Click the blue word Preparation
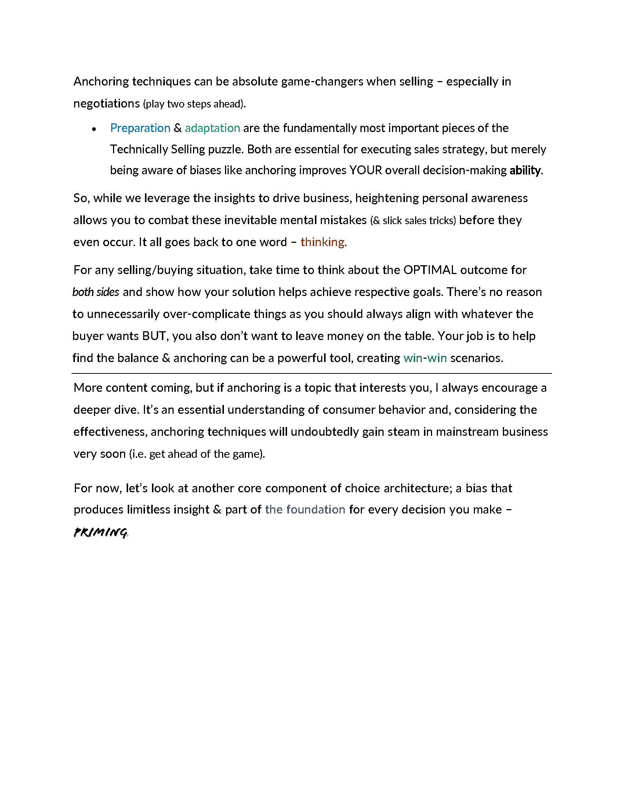click(x=140, y=128)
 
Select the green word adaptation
click(x=212, y=128)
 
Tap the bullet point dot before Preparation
click(x=94, y=129)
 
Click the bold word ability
click(x=525, y=170)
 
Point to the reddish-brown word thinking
click(x=322, y=242)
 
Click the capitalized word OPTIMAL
click(x=429, y=270)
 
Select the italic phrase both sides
click(x=96, y=292)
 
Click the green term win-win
click(x=425, y=358)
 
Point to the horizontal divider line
click(x=312, y=373)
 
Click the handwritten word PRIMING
click(x=100, y=533)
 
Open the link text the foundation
click(x=305, y=510)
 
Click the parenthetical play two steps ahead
click(x=194, y=104)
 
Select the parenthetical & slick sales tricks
click(x=413, y=220)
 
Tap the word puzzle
click(x=225, y=149)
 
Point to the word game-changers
click(x=322, y=82)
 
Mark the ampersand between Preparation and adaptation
click(x=177, y=128)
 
